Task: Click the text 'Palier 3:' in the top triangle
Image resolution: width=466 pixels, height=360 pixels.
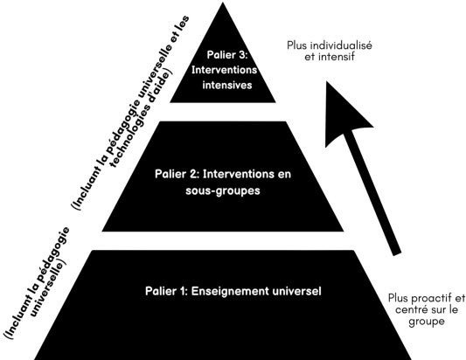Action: pos(227,55)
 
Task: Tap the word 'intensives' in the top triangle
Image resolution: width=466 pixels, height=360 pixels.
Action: pos(227,86)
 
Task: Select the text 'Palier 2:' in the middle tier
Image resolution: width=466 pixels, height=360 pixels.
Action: pos(177,174)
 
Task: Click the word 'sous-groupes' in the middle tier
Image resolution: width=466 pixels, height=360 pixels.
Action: pos(223,190)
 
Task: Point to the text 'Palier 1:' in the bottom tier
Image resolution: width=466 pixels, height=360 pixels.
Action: pos(166,291)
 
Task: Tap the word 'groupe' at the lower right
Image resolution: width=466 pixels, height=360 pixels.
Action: pos(427,322)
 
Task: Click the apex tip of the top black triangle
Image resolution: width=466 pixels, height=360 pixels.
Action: pos(223,3)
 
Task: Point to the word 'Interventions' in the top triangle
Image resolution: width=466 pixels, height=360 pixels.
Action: pos(225,70)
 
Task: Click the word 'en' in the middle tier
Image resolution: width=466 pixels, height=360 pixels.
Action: pos(284,175)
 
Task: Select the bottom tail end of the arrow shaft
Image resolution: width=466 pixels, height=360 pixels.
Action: pos(397,253)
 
